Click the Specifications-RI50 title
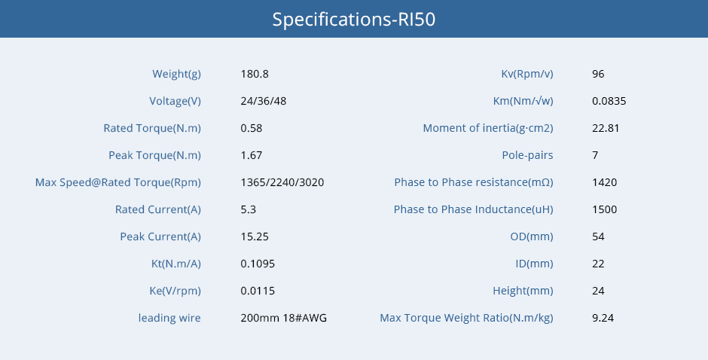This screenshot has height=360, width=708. coord(353,20)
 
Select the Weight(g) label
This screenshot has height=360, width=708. coord(176,74)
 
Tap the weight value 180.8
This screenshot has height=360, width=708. coord(255,74)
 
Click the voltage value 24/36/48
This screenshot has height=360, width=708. coord(264,101)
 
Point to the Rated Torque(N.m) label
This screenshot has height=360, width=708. coord(152,128)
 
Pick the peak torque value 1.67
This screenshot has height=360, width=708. coord(252,155)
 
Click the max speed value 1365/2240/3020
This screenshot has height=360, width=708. coord(282,182)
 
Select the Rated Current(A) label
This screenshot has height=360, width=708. coord(158,209)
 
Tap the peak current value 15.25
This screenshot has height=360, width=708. coord(255,236)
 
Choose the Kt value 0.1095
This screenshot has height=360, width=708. coord(258,264)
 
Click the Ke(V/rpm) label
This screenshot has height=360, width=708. coord(175,291)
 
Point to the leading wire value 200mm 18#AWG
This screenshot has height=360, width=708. coord(283,318)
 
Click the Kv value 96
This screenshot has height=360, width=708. coord(598,74)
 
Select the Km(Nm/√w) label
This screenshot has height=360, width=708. coord(523,101)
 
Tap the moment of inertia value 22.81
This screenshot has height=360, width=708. coord(606,128)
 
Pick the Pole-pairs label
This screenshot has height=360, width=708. coord(527,155)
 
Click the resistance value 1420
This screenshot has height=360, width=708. coord(605,182)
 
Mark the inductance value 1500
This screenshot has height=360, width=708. coord(605,209)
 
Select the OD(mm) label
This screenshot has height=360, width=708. coord(532,236)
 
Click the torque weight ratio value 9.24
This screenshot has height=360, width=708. coord(603,318)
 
